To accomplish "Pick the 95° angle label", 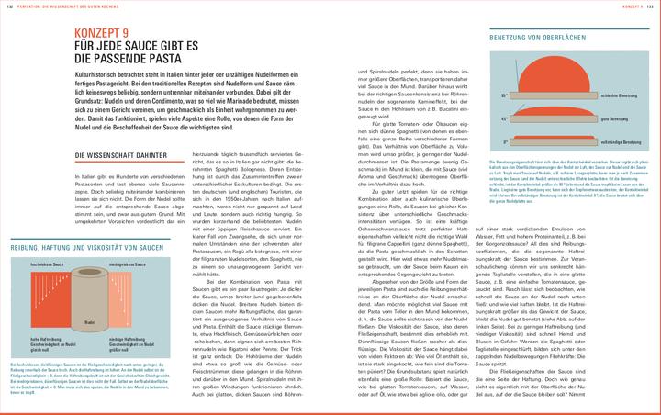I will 504,95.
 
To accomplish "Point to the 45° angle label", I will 504,118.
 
